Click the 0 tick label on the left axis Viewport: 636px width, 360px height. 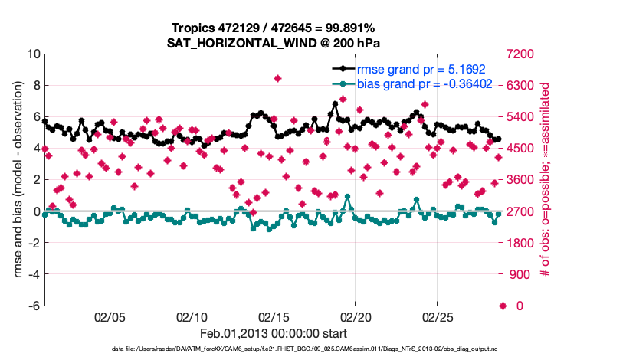(36, 211)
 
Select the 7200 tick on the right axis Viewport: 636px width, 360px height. (525, 54)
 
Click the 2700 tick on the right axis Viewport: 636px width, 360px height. (525, 211)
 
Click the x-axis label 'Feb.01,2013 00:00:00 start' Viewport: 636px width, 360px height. (274, 333)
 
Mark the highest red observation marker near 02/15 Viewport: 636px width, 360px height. (277, 78)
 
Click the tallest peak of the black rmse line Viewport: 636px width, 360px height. (335, 103)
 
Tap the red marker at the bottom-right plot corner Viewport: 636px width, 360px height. (503, 306)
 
